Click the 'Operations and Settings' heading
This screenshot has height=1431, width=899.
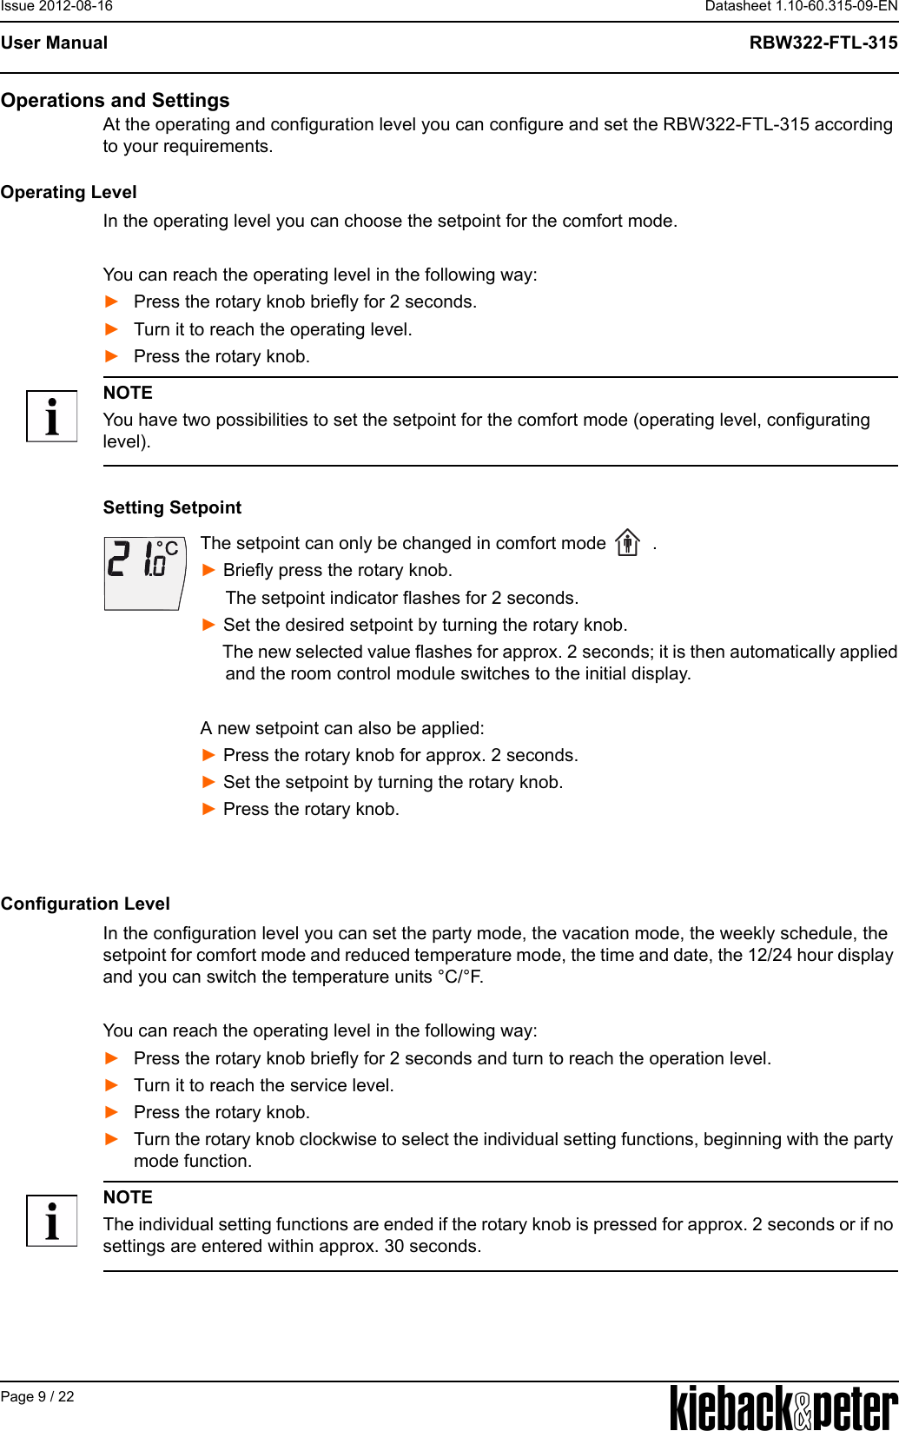(x=116, y=100)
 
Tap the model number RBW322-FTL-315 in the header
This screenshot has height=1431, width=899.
(x=823, y=43)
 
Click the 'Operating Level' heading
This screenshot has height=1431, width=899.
(x=69, y=192)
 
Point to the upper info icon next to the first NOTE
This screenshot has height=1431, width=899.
(x=51, y=416)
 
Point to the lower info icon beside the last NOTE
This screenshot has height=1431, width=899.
(x=51, y=1221)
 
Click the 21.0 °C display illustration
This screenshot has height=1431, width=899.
(x=144, y=573)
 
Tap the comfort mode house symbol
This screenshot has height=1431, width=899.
(x=627, y=543)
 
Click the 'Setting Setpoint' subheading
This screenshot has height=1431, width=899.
(x=172, y=507)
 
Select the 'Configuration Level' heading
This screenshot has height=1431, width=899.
(x=85, y=904)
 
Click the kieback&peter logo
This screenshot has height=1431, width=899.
(x=783, y=1407)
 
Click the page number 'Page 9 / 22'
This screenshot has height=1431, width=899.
(x=37, y=1396)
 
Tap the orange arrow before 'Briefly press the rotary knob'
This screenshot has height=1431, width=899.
(x=208, y=570)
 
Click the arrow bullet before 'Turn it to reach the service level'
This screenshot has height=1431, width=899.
(x=111, y=1085)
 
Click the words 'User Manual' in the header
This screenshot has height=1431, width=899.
(x=54, y=43)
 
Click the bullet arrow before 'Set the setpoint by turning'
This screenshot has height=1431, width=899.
(x=208, y=782)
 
